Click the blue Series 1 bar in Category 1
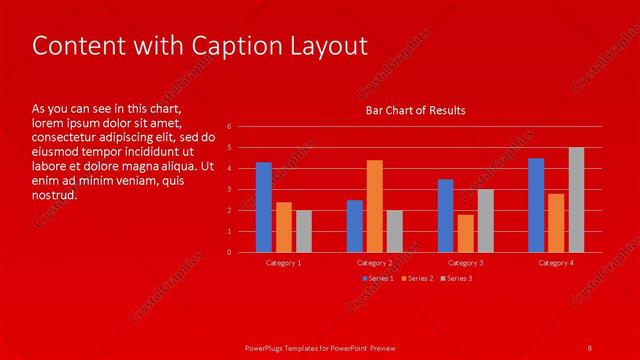(263, 207)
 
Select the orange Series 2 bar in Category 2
(374, 206)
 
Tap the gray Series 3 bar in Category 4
(576, 200)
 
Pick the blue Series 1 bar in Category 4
(536, 205)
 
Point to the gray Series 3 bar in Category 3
(485, 221)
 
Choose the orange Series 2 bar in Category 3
(465, 233)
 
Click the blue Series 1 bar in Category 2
(354, 226)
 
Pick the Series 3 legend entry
(458, 278)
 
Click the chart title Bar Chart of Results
(415, 110)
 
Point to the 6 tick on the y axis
(230, 127)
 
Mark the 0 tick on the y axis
(230, 252)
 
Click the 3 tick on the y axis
(230, 190)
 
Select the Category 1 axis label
(284, 262)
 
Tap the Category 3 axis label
(466, 262)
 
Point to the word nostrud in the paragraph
(54, 194)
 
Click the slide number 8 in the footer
(590, 347)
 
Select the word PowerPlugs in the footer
(266, 347)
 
